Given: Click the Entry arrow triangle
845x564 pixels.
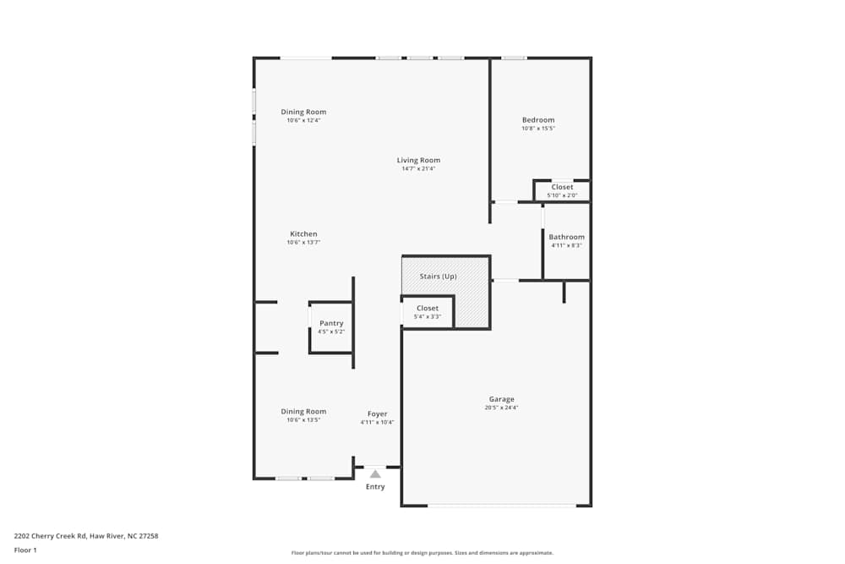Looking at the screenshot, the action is (x=375, y=474).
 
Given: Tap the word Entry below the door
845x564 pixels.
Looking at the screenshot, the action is (x=375, y=487).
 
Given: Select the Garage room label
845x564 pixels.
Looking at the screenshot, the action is (x=502, y=399).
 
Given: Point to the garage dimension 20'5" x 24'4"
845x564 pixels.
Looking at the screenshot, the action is (x=502, y=408).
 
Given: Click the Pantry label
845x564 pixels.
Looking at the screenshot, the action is (x=331, y=323).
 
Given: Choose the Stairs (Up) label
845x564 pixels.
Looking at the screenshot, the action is (x=438, y=276).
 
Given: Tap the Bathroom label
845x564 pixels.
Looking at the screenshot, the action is (x=566, y=237).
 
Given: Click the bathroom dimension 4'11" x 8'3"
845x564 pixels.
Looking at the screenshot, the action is (x=566, y=245).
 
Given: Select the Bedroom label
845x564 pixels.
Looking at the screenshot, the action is (x=538, y=120).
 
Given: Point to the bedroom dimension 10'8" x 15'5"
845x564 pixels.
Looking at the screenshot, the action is (x=538, y=129).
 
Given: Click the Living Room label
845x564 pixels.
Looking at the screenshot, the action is (x=419, y=160).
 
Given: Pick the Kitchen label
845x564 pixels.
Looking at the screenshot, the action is (x=303, y=234).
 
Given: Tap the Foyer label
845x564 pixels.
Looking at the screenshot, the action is (x=377, y=414).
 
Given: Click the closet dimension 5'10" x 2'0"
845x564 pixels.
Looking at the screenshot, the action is (x=562, y=195).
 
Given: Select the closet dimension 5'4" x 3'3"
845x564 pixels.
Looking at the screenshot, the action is (x=428, y=316).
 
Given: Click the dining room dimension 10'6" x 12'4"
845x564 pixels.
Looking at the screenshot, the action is (x=303, y=120).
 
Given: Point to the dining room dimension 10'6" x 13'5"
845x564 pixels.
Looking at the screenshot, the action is (x=303, y=420).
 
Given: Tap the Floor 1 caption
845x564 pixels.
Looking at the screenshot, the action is (x=25, y=550).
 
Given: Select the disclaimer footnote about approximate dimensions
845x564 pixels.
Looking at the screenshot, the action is (x=422, y=553).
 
